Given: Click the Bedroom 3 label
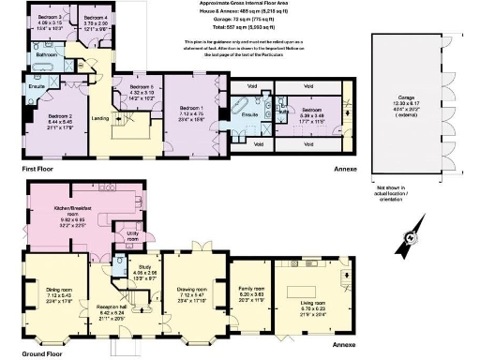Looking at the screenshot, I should (x=50, y=18).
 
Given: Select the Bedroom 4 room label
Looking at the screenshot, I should (x=94, y=18).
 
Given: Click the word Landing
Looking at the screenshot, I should (x=101, y=117).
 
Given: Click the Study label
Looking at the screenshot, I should (x=143, y=269).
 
